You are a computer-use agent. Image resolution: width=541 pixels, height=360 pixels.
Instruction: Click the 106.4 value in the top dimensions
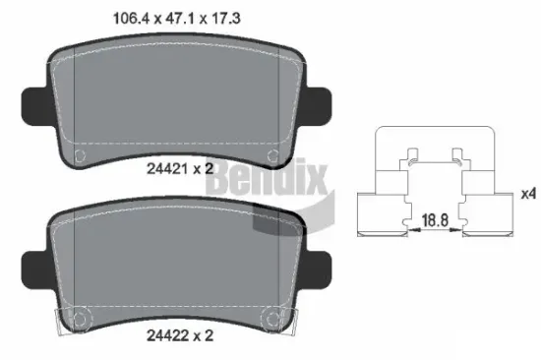tap(124, 14)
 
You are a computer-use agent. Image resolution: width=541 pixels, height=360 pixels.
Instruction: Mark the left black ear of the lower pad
tap(30, 265)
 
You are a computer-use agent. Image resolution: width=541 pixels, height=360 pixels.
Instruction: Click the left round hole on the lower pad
tap(82, 318)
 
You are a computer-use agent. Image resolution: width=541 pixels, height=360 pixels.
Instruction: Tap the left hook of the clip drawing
tap(413, 156)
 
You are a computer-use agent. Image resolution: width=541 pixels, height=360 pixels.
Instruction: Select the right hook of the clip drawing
tap(457, 156)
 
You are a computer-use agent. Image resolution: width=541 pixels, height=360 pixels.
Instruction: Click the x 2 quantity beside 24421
tap(204, 169)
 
